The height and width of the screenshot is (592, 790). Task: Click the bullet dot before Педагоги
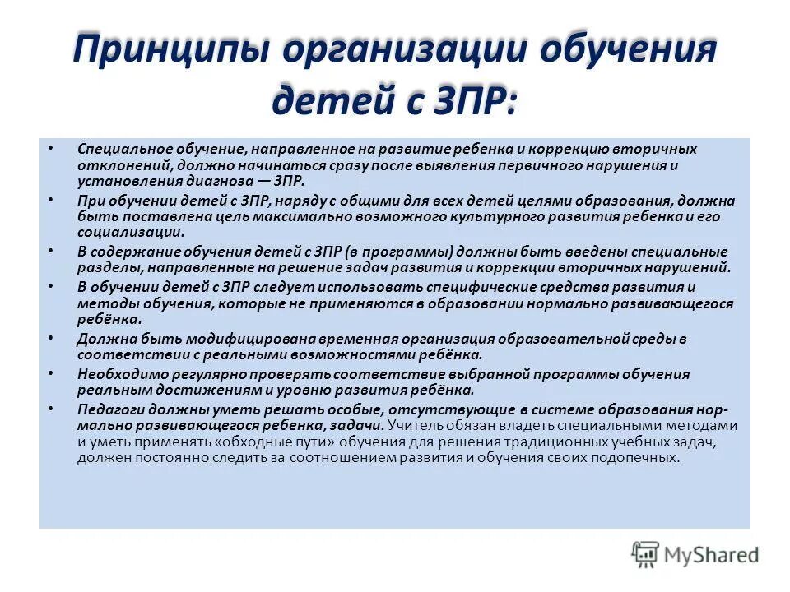coord(51,408)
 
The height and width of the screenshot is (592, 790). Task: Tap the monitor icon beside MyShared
coord(645,553)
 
